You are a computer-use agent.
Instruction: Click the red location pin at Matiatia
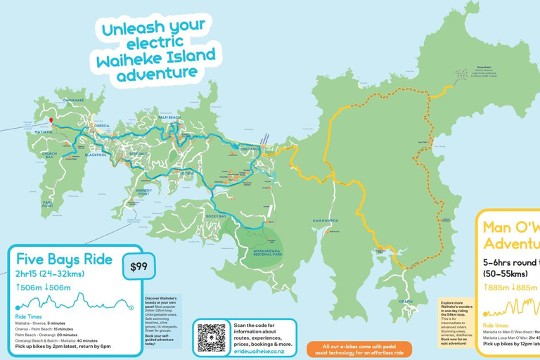tap(51, 122)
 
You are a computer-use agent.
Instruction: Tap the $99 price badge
tap(139, 266)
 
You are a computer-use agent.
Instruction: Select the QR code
tap(212, 337)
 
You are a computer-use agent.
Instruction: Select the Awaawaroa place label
tap(326, 220)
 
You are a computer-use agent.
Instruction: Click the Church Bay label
tap(49, 155)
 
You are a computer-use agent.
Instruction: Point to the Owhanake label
tap(73, 100)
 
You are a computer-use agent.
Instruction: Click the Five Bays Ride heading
tap(64, 259)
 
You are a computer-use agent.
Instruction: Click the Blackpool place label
tap(95, 155)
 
